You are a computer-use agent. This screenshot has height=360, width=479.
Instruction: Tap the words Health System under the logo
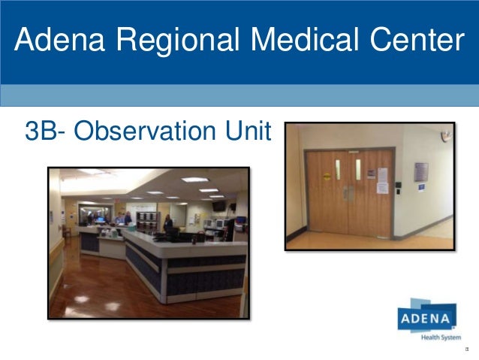(440, 337)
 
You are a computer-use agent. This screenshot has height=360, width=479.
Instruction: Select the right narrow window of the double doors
(358, 169)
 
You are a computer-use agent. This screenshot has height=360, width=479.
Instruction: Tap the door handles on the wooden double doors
(348, 192)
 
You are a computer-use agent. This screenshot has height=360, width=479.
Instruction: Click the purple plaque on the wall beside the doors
(421, 171)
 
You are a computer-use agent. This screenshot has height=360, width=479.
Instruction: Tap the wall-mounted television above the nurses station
(218, 205)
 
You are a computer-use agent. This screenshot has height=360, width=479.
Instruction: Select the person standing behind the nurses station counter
(168, 222)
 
